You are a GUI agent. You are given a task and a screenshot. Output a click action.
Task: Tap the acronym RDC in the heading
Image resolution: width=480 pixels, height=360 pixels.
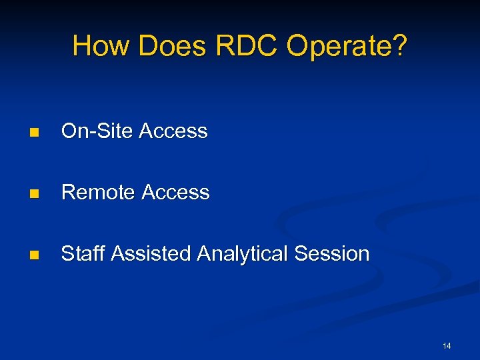point(247,47)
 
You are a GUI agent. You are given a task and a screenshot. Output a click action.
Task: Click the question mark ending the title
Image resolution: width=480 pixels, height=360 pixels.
point(398,47)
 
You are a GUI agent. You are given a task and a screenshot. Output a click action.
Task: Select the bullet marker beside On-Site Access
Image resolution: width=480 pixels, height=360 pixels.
point(34,132)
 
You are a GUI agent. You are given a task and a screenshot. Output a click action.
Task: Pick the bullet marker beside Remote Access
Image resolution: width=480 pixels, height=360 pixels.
point(34,193)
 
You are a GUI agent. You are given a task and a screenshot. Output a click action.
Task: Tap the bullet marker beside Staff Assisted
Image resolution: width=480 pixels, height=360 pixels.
point(34,255)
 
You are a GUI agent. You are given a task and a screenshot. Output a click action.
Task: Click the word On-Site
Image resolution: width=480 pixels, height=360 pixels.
point(97,131)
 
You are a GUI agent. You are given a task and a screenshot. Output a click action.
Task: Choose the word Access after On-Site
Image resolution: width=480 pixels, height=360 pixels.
point(173,131)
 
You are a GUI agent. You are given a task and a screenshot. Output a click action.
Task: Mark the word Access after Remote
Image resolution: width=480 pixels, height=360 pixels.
point(176,193)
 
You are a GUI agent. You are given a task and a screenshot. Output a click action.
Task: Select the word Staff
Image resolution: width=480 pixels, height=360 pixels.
point(83,254)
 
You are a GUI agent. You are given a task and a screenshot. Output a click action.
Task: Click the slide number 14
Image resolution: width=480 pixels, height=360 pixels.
point(447,346)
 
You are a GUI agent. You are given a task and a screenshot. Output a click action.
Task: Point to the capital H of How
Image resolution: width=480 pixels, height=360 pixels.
point(81,47)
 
